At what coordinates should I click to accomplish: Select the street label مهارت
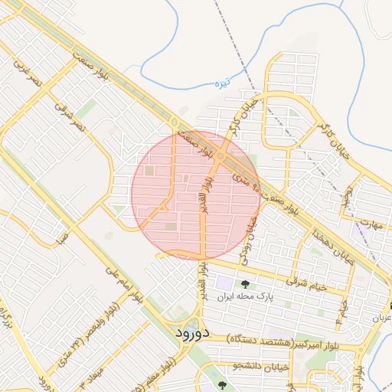[370, 225]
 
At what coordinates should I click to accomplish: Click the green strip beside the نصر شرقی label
[87, 110]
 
